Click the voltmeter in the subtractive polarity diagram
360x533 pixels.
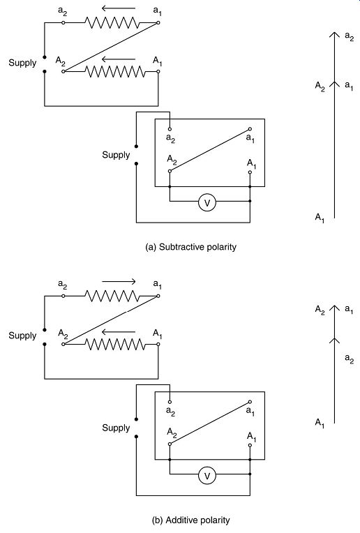click(x=207, y=202)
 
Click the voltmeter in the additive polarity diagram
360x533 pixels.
click(x=207, y=476)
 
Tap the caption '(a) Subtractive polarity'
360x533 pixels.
click(x=190, y=247)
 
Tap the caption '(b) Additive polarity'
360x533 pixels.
click(x=190, y=520)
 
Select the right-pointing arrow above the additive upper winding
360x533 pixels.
click(x=119, y=281)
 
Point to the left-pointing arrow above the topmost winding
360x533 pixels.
click(x=119, y=8)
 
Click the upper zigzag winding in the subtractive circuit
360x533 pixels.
click(x=112, y=23)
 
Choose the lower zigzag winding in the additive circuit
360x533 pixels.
click(x=115, y=345)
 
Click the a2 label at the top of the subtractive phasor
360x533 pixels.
click(x=349, y=36)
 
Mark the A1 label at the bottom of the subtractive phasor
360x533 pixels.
click(x=320, y=218)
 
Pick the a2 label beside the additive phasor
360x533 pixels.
click(x=349, y=359)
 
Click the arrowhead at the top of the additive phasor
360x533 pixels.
click(x=334, y=308)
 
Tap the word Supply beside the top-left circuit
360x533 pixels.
click(x=22, y=63)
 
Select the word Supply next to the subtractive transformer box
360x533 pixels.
click(x=116, y=155)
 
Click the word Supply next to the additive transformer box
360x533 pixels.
click(x=116, y=428)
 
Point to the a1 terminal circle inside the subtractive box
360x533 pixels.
click(x=250, y=129)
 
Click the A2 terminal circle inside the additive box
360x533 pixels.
click(x=170, y=444)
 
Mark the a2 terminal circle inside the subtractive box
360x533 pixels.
click(x=170, y=129)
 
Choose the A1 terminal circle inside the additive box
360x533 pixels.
click(x=250, y=445)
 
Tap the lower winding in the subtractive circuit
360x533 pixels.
click(x=115, y=71)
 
